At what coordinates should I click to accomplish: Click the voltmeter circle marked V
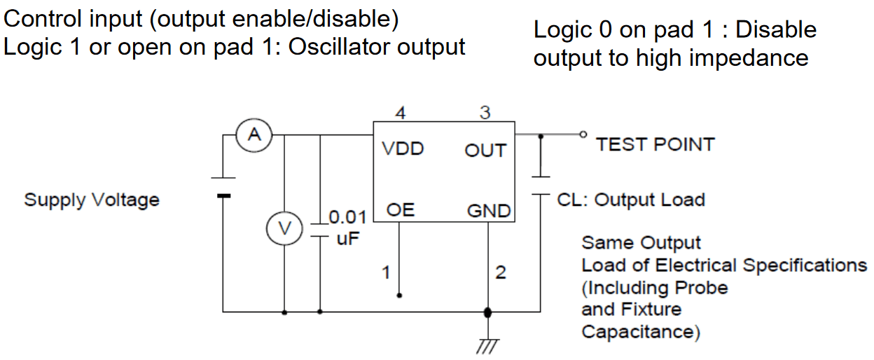click(284, 228)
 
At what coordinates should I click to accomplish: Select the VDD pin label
click(403, 149)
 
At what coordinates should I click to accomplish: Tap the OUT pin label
click(485, 151)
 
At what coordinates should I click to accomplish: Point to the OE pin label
click(401, 210)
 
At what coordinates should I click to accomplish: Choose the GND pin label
click(488, 211)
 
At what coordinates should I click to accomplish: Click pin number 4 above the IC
click(401, 113)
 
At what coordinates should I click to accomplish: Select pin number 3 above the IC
click(485, 113)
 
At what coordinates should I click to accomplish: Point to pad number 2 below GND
click(500, 272)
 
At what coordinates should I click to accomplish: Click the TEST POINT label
click(655, 145)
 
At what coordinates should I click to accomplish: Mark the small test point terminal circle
click(581, 134)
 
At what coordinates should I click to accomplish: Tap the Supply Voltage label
click(92, 200)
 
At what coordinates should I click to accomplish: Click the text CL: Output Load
click(630, 200)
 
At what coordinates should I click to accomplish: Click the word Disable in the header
click(777, 30)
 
